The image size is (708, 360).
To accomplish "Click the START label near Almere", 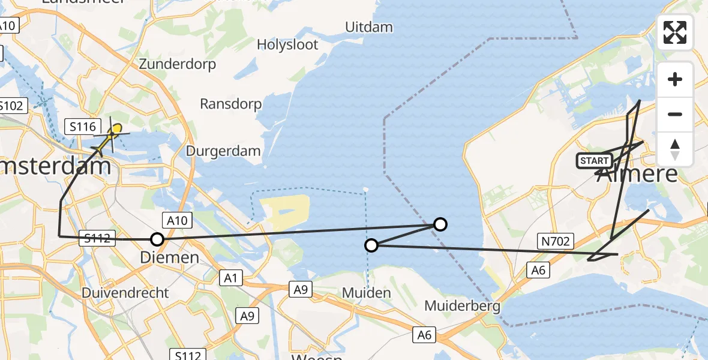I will (x=594, y=161).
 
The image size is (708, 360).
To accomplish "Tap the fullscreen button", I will (x=675, y=32).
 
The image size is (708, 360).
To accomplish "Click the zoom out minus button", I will (x=675, y=114).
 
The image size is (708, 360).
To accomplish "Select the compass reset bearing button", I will (x=675, y=149).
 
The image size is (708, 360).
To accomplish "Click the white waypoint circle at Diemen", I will (x=157, y=239).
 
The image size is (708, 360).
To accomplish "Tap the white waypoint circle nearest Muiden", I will (x=371, y=245).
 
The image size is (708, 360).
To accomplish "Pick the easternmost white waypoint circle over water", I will (x=440, y=224).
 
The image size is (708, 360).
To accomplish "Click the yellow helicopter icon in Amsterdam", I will (x=113, y=132).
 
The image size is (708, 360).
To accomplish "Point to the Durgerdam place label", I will (x=223, y=151).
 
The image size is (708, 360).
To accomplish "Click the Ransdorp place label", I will (x=231, y=104).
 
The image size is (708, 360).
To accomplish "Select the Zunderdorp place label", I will (x=177, y=64).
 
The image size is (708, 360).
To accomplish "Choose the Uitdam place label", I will (x=369, y=27).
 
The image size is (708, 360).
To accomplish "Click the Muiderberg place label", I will (x=462, y=306).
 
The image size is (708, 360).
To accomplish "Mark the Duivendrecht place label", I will (x=126, y=293).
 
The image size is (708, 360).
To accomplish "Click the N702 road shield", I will (x=556, y=241).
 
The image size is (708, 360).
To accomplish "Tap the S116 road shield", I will (x=82, y=127).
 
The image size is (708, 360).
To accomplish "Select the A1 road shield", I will (x=231, y=277).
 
